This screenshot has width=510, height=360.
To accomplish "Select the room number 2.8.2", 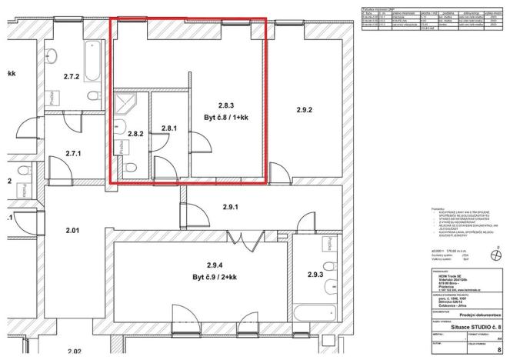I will click(x=135, y=133).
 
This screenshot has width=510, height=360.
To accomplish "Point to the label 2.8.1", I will click(x=169, y=128).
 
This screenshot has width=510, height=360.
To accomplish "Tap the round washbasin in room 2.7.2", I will click(x=54, y=55).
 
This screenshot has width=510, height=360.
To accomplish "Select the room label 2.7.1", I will click(x=74, y=153).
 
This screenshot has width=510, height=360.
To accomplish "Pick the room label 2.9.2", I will click(x=305, y=111).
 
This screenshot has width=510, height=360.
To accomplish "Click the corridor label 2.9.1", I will click(x=231, y=207).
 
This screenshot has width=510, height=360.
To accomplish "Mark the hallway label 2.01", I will click(x=73, y=230).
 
